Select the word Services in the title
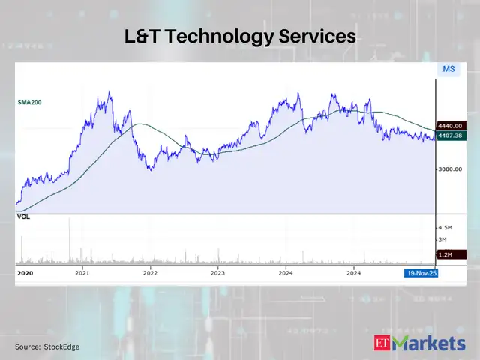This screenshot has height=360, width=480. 318,37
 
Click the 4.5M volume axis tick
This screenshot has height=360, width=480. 445,226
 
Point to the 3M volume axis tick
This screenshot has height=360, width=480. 442,239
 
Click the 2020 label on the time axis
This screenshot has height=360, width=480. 25,274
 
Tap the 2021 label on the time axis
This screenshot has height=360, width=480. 82,274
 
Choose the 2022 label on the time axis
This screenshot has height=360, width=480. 150,274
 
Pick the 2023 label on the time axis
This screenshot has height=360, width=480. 217,274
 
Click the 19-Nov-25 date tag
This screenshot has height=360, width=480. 421,274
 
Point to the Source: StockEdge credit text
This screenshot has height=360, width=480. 47,346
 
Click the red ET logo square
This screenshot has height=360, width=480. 382,344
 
